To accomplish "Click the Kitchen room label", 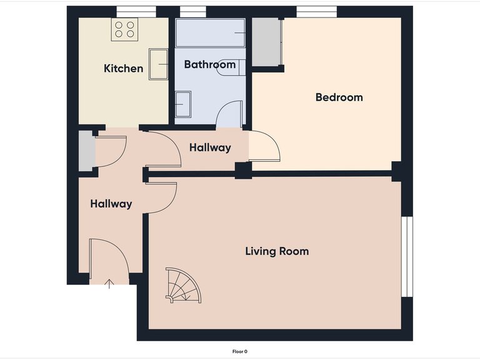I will coord(123,69).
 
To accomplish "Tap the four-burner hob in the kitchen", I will coord(124,29).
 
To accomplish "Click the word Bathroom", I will coord(209,64).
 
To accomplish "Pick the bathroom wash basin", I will coord(182,103).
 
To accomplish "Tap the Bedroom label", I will coord(339,97).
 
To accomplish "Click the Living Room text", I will coord(276,252).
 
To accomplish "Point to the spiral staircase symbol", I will coord(182,286).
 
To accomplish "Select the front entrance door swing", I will coord(108,257).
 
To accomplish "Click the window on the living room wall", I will coord(407,256).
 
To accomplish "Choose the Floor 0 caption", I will coord(240,352).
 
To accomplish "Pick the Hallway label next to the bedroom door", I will coord(210,148).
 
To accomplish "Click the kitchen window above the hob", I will coord(136,11).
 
